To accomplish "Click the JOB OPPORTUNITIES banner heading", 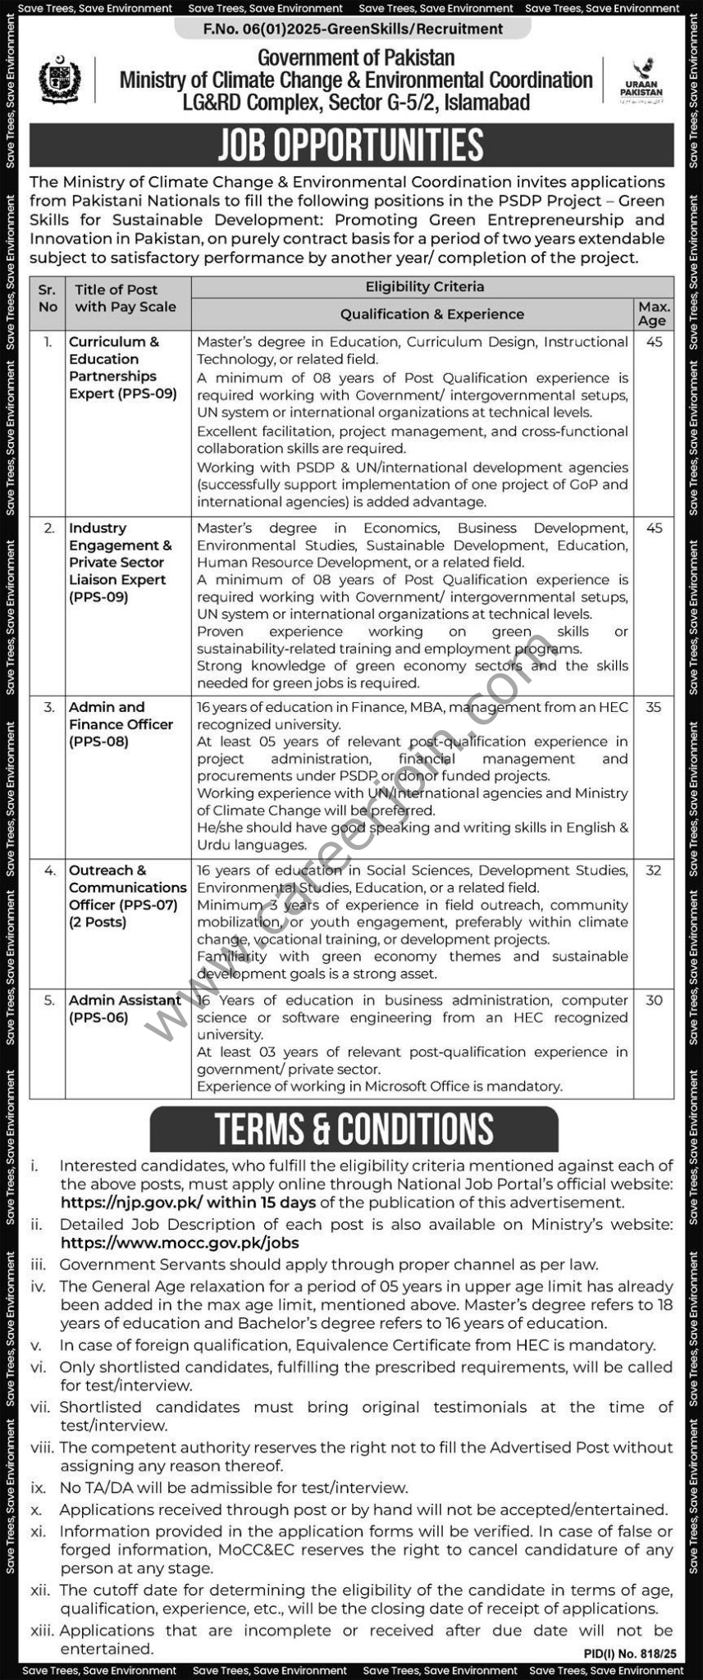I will click(x=351, y=145).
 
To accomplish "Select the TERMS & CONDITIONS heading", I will click(x=354, y=1130).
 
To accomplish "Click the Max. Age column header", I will click(x=653, y=313).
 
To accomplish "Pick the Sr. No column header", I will click(x=48, y=298).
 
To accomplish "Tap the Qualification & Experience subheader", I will click(x=431, y=313).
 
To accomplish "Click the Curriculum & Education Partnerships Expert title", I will click(x=122, y=367).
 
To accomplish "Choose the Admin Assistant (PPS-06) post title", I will click(x=125, y=1008).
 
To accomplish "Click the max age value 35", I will click(x=653, y=706).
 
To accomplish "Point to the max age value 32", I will click(x=653, y=870).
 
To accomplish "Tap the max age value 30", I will click(x=653, y=1000).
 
